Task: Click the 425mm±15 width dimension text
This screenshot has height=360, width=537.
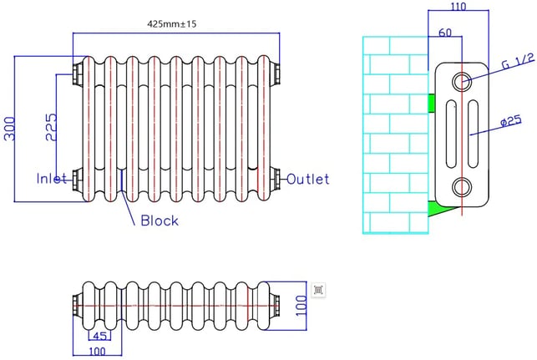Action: (171, 24)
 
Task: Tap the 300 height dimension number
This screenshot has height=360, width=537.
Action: (10, 129)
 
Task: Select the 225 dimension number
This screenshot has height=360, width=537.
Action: (52, 128)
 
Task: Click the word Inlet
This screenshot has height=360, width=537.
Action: (52, 179)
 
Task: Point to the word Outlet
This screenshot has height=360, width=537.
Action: (307, 179)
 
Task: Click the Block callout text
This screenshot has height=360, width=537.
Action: (160, 221)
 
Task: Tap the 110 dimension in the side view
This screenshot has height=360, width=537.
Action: (458, 6)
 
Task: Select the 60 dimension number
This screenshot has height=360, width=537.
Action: (445, 33)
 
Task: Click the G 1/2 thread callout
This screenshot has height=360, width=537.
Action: (518, 61)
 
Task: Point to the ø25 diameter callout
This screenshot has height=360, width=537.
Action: (510, 121)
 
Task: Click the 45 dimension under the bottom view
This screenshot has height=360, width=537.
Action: (99, 336)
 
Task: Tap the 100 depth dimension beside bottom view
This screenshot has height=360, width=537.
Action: (301, 306)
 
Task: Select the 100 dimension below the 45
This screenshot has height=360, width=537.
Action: (97, 352)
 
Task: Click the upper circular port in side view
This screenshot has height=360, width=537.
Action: (462, 82)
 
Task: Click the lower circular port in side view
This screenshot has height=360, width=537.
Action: (462, 187)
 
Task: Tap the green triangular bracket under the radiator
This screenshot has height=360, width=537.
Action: (436, 209)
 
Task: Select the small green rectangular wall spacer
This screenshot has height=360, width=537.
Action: (432, 103)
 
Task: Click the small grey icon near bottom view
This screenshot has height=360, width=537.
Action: (318, 290)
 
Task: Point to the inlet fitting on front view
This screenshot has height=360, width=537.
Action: (78, 179)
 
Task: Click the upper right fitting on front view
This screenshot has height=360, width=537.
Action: (276, 74)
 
